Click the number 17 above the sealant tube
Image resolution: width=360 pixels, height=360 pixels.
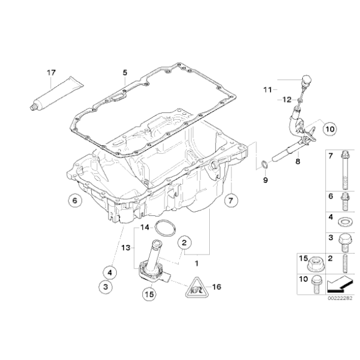51,73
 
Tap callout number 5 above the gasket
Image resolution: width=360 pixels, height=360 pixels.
125,73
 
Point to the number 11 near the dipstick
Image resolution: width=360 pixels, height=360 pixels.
266,90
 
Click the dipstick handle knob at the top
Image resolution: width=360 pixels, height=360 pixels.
305,79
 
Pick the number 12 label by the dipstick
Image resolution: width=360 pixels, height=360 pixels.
286,99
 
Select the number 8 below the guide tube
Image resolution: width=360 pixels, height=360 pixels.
297,161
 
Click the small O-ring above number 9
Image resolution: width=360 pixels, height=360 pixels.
264,164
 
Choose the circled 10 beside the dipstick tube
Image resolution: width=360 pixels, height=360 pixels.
328,129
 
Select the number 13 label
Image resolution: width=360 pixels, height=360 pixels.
125,248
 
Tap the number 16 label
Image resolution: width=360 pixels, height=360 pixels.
217,287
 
